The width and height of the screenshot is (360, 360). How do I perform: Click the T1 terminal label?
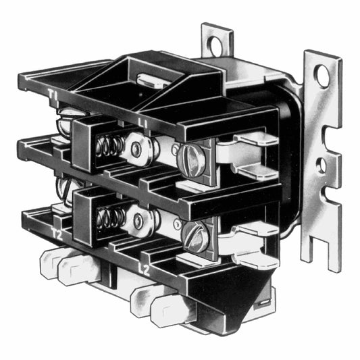(52, 95)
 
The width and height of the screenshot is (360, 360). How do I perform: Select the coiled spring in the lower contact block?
(109, 218)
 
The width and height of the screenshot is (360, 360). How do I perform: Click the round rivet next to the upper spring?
(136, 150)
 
